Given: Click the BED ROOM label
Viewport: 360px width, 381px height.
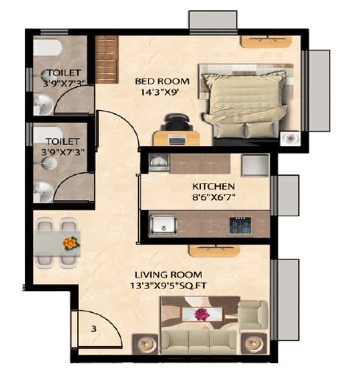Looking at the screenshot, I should click(x=161, y=81).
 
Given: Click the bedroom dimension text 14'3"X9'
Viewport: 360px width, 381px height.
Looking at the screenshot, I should click(x=161, y=93).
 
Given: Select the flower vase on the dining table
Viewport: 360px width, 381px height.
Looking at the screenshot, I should click(x=70, y=243).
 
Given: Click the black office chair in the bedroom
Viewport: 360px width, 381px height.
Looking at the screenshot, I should click(x=177, y=121).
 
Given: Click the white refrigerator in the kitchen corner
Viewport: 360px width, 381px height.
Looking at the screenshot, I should click(x=255, y=165).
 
